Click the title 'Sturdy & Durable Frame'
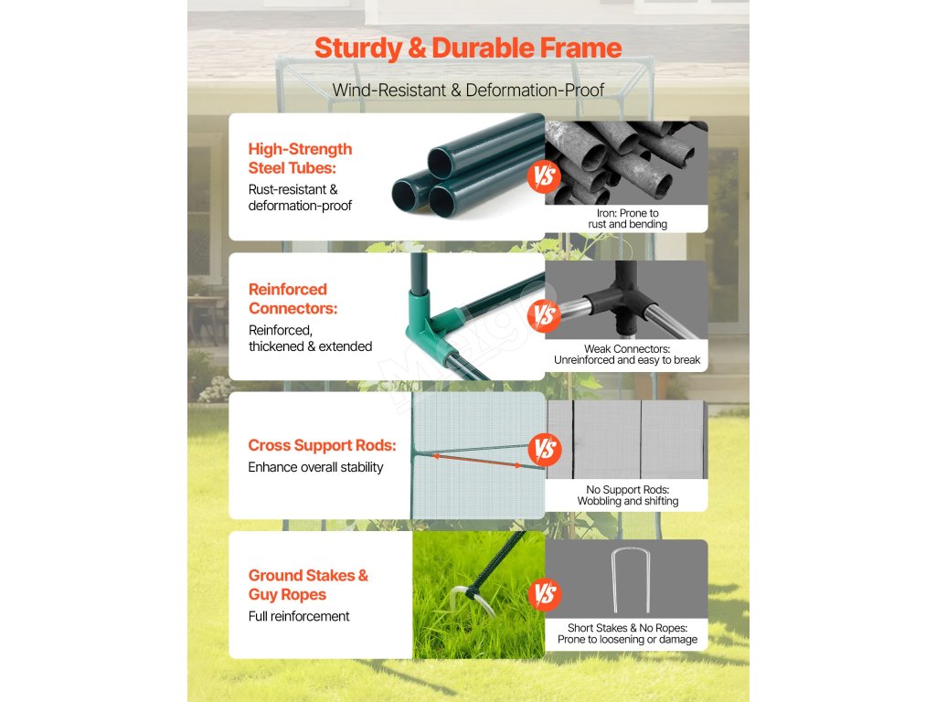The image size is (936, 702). click(468, 48)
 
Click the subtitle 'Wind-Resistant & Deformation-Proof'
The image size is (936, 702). click(468, 90)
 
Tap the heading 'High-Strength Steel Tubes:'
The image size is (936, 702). click(300, 158)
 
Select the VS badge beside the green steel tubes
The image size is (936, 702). click(544, 176)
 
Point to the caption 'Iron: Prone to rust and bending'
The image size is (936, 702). click(627, 218)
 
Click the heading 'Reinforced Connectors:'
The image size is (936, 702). click(293, 299)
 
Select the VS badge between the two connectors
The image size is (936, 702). click(544, 315)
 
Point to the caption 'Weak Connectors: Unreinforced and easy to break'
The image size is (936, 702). click(627, 355)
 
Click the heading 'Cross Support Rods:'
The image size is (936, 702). click(323, 445)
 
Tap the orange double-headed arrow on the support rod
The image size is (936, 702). click(477, 461)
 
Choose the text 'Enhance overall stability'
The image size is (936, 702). click(315, 467)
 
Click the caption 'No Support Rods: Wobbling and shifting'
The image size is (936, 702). click(627, 495)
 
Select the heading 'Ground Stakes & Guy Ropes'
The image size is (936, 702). click(308, 585)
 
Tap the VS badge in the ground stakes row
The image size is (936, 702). click(545, 594)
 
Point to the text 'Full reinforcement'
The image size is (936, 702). click(299, 616)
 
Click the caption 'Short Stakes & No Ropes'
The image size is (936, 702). click(627, 628)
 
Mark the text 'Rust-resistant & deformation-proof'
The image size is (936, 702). click(300, 197)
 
